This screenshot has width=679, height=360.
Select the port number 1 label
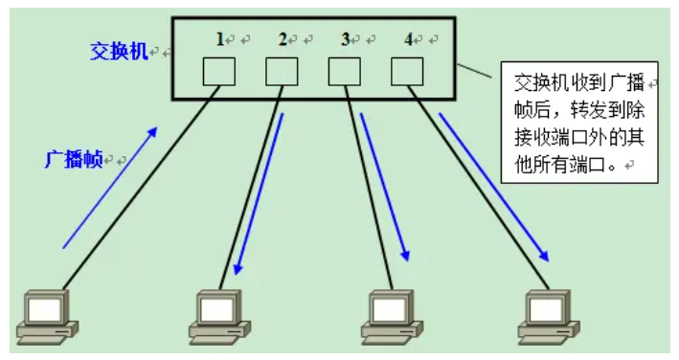coord(219,39)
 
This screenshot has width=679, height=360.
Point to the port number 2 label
coord(283,39)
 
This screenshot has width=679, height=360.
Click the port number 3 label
coord(346,39)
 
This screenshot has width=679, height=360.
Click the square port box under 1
coord(219,71)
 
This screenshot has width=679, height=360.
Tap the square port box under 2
coord(282,71)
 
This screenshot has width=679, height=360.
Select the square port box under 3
coord(345,71)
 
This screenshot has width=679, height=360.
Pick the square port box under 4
coord(407,71)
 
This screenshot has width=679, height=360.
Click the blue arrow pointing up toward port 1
coord(108,187)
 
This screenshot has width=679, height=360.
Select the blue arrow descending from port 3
coord(385,187)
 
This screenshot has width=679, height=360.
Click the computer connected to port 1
coord(48,316)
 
